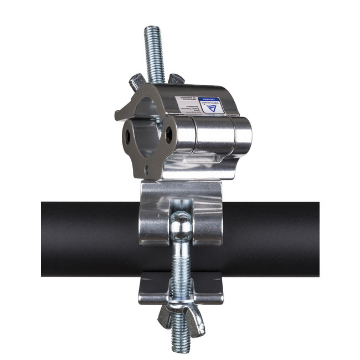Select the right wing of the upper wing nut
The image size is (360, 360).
coord(176,79)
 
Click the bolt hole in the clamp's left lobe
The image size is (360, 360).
coord(128,136)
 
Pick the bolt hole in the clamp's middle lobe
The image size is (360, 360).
coord(169,132)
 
